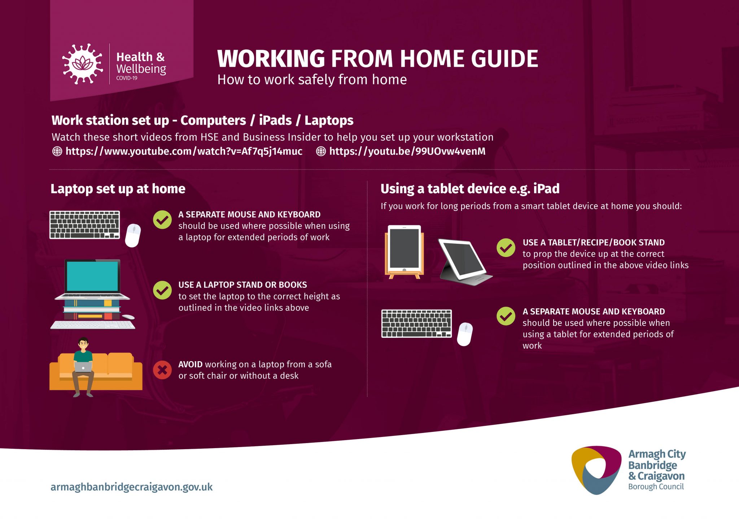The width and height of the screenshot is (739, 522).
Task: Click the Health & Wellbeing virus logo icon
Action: pos(83,64)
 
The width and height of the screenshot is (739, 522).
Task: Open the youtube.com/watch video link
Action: pos(184,151)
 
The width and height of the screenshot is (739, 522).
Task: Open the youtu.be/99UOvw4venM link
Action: pos(407,151)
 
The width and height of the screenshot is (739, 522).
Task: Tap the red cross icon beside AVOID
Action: pos(162,370)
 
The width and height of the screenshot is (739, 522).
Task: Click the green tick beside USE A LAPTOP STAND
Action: pos(162,290)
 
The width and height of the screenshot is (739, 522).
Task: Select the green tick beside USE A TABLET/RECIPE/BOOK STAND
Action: pos(506,248)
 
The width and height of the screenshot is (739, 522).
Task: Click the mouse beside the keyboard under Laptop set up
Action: pos(133,235)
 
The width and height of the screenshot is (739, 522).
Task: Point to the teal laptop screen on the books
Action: pos(92,276)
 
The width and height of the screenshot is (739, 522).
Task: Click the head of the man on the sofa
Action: pos(83,344)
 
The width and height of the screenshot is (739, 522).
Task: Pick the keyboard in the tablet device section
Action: pos(416,323)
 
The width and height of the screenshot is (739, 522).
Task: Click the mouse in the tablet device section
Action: pos(465,334)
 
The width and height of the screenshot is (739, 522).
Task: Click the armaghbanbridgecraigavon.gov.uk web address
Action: pos(132,487)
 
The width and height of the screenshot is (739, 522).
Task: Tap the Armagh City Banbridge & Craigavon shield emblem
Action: pos(597,470)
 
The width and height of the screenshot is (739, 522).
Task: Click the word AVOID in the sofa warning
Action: pos(190,364)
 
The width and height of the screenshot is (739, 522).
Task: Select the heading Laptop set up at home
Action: pos(118,189)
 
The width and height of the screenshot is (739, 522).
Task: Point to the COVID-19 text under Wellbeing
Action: pos(127,78)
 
